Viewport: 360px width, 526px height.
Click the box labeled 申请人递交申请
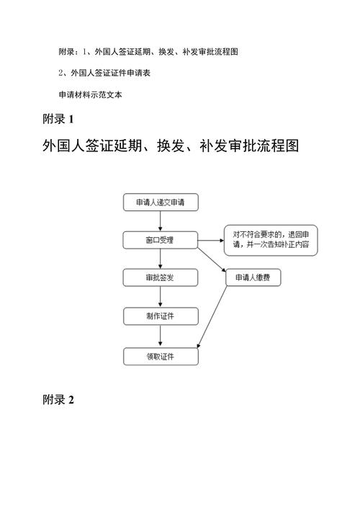pos(161,202)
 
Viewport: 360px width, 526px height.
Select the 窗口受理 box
pos(161,240)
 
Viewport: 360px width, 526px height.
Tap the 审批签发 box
pos(161,277)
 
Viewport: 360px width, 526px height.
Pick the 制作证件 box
pos(161,316)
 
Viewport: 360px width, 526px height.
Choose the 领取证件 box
pos(161,356)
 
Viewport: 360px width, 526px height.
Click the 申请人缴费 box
pos(253,277)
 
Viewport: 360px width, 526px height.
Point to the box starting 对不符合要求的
pos(271,240)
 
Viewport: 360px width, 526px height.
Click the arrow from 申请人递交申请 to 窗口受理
pos(161,221)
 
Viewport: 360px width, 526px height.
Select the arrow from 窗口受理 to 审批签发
pos(161,259)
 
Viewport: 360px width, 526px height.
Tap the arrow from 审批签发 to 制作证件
pos(161,297)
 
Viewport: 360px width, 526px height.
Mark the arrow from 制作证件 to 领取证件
pos(161,336)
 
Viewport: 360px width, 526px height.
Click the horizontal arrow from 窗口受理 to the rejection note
pos(211,241)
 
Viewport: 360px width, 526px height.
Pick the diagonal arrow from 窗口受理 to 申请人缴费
pos(212,260)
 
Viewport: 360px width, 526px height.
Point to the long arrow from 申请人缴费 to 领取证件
pos(212,317)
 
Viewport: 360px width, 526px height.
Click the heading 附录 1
pos(58,119)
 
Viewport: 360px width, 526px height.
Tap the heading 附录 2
pos(58,399)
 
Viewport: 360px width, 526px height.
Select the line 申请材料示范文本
pos(91,94)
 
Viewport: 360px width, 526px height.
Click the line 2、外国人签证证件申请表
pos(104,73)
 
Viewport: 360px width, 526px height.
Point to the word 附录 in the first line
pos(66,52)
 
